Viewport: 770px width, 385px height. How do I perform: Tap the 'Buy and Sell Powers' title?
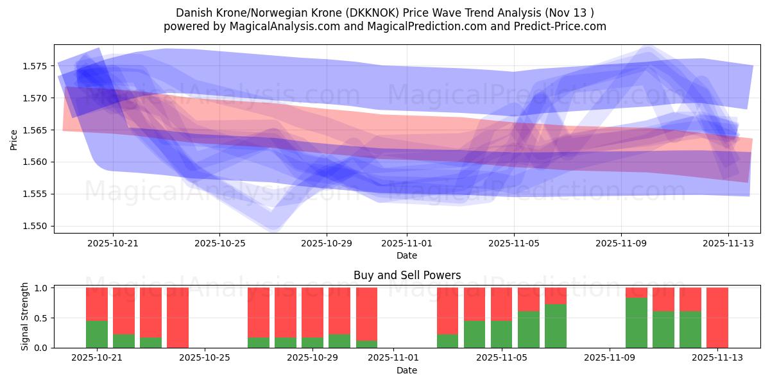click(407, 275)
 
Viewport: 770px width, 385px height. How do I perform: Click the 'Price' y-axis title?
click(14, 139)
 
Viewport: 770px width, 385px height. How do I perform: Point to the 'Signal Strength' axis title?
click(25, 318)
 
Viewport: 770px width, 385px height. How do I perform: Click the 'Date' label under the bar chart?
click(407, 370)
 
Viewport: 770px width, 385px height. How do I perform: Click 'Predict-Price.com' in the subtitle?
click(556, 26)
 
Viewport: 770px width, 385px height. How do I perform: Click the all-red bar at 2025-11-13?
click(717, 318)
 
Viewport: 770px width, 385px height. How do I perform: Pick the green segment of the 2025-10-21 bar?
click(97, 334)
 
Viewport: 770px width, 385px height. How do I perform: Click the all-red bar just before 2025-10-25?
click(178, 318)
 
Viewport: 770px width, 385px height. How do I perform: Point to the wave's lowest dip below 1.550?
click(273, 225)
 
